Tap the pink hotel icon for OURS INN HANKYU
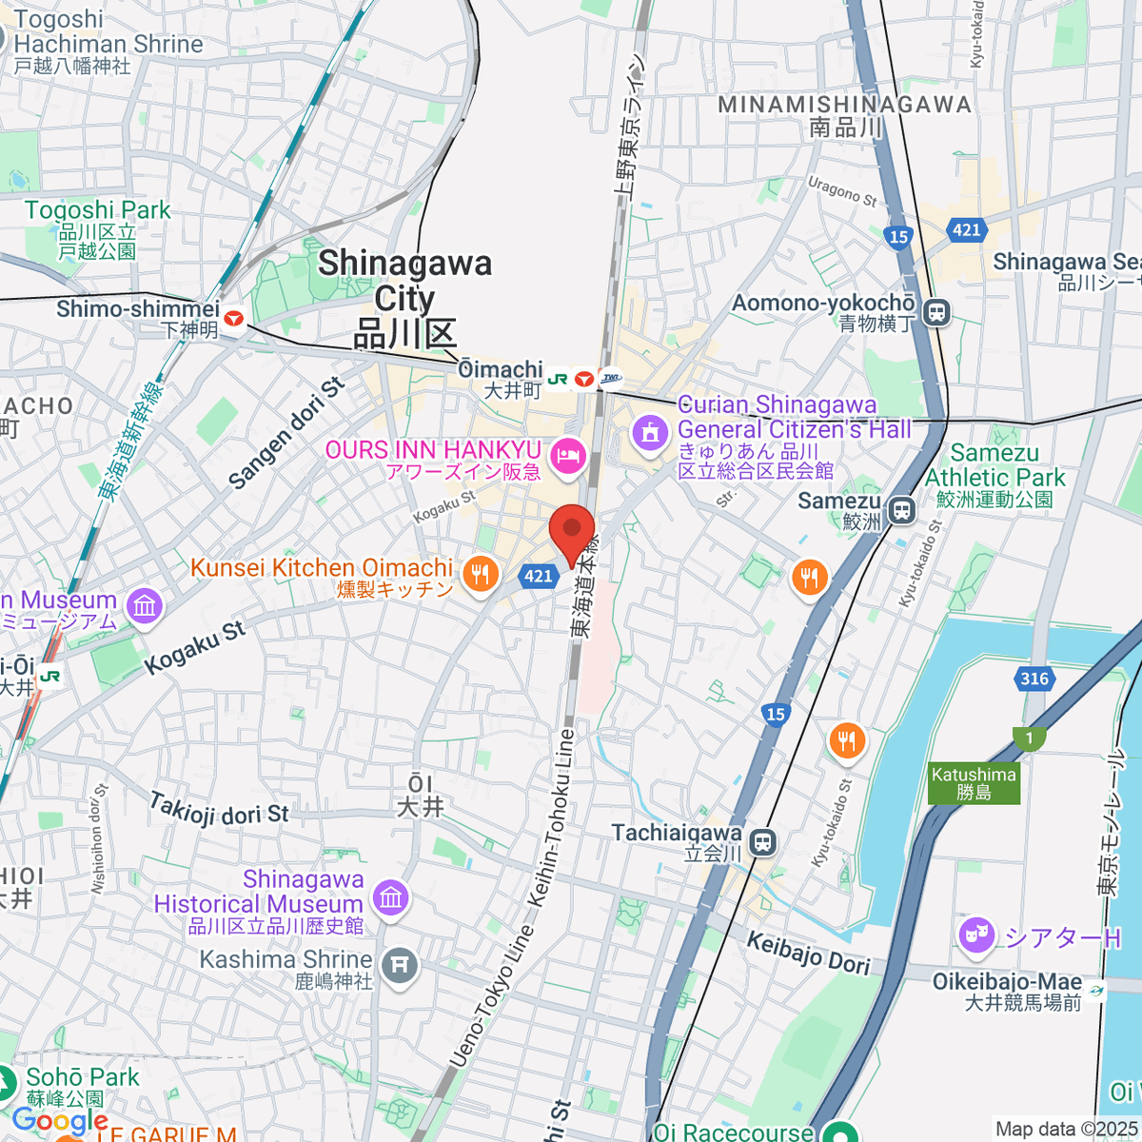pyautogui.click(x=568, y=456)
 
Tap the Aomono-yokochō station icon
pyautogui.click(x=937, y=312)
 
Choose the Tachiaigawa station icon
pyautogui.click(x=762, y=842)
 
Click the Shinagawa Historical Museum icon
pyautogui.click(x=390, y=897)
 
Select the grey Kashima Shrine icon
pyautogui.click(x=399, y=967)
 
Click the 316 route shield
pyautogui.click(x=1034, y=679)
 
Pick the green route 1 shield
pyautogui.click(x=1029, y=738)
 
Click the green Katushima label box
pyautogui.click(x=974, y=783)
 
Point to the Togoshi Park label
pyautogui.click(x=97, y=211)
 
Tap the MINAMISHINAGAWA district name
pyautogui.click(x=844, y=106)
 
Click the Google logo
pyautogui.click(x=60, y=1120)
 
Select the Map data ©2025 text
pyautogui.click(x=1065, y=1129)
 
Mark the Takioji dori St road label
pyautogui.click(x=219, y=811)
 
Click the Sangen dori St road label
pyautogui.click(x=286, y=434)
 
